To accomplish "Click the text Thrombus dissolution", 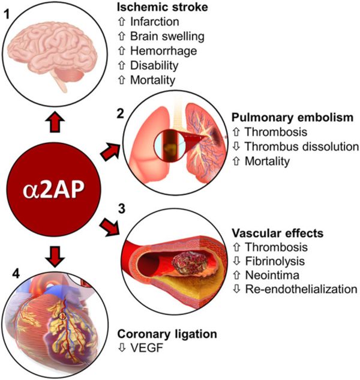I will [299, 146].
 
